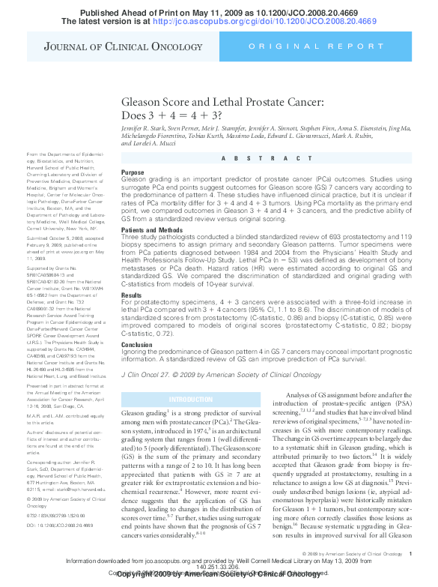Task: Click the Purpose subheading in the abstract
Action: (x=133, y=172)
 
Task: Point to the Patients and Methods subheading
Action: (x=150, y=229)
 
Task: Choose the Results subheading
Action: (x=132, y=274)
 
